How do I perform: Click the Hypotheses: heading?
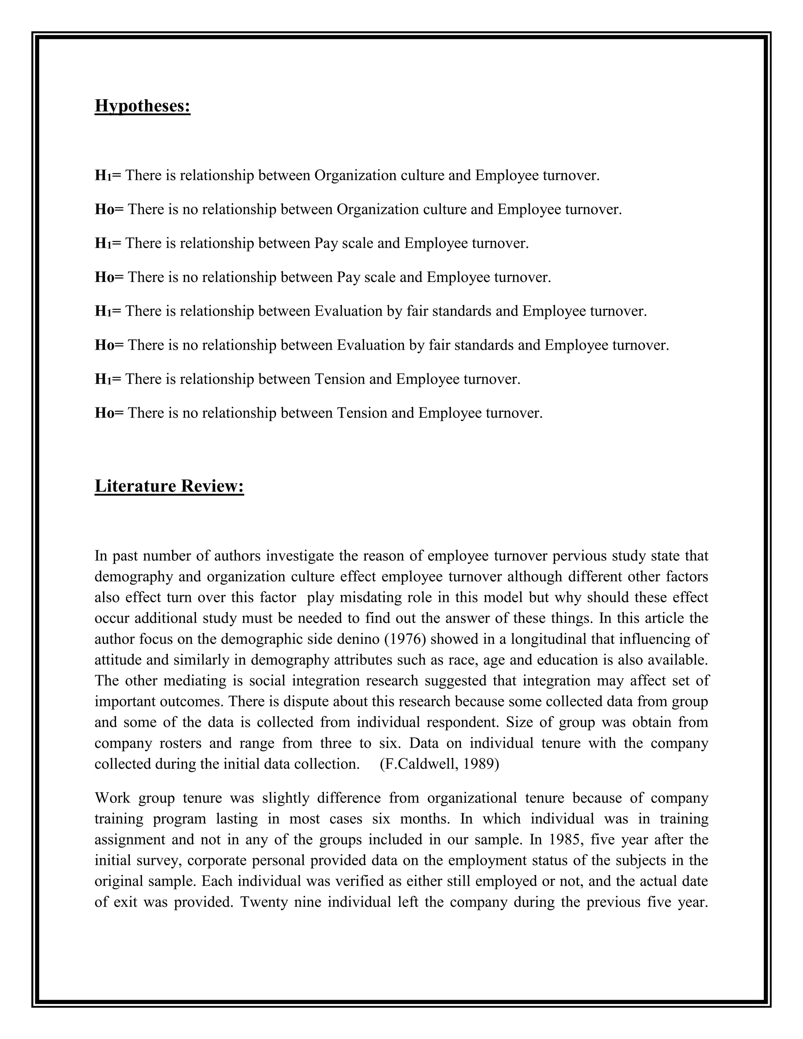click(x=142, y=105)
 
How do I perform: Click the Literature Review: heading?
click(x=169, y=486)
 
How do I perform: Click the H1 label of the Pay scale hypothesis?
click(x=103, y=243)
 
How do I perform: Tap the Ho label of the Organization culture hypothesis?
click(x=105, y=210)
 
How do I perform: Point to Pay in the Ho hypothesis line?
click(x=348, y=277)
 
